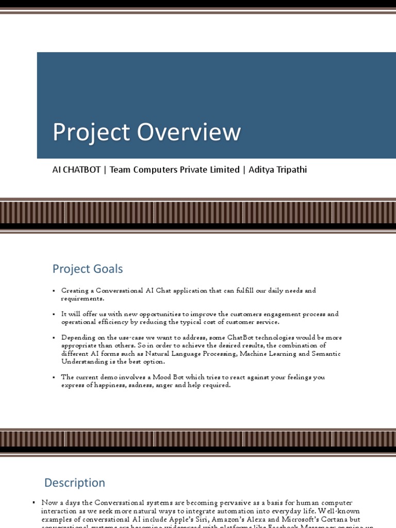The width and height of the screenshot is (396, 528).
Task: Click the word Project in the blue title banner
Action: (x=91, y=133)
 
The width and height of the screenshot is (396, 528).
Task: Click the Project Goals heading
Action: (x=88, y=269)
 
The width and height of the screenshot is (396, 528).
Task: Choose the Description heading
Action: (x=75, y=483)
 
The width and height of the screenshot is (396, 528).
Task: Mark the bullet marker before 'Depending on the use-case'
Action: (x=54, y=338)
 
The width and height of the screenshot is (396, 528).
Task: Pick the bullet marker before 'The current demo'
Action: (x=54, y=377)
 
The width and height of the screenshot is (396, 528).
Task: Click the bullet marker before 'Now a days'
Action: (x=34, y=502)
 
